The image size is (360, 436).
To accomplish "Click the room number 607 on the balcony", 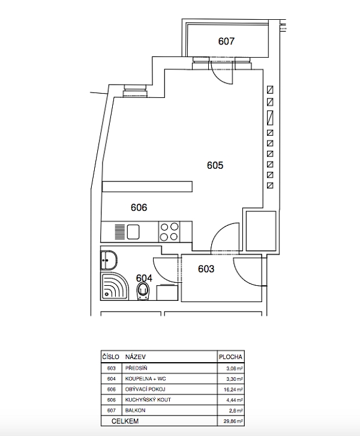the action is [x=226, y=41].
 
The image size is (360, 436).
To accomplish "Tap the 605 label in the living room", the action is [x=215, y=165].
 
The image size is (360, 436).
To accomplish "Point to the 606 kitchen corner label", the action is [x=139, y=207].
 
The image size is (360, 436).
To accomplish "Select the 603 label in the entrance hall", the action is [x=206, y=268].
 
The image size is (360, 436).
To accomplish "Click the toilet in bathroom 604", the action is [x=143, y=291].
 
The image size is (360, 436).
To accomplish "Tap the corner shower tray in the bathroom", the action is [x=115, y=286].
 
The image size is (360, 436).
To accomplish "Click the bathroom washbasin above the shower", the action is [x=109, y=260].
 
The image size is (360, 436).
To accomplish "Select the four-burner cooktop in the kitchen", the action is [x=169, y=232].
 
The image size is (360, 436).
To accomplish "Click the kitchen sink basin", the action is [x=133, y=232].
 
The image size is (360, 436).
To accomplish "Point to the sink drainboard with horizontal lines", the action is [x=120, y=232].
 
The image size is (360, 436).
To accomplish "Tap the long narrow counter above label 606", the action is [x=147, y=186].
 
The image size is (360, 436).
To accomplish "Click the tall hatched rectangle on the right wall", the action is [x=270, y=118].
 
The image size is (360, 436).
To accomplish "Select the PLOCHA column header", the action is [x=230, y=357].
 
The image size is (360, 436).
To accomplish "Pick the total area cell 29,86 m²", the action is [x=233, y=421].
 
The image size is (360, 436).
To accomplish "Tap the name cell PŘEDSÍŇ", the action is [x=136, y=368].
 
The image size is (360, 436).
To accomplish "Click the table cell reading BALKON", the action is [x=135, y=410].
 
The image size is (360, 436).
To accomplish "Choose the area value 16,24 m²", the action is [x=233, y=390].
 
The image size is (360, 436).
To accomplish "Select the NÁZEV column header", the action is [x=136, y=357].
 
